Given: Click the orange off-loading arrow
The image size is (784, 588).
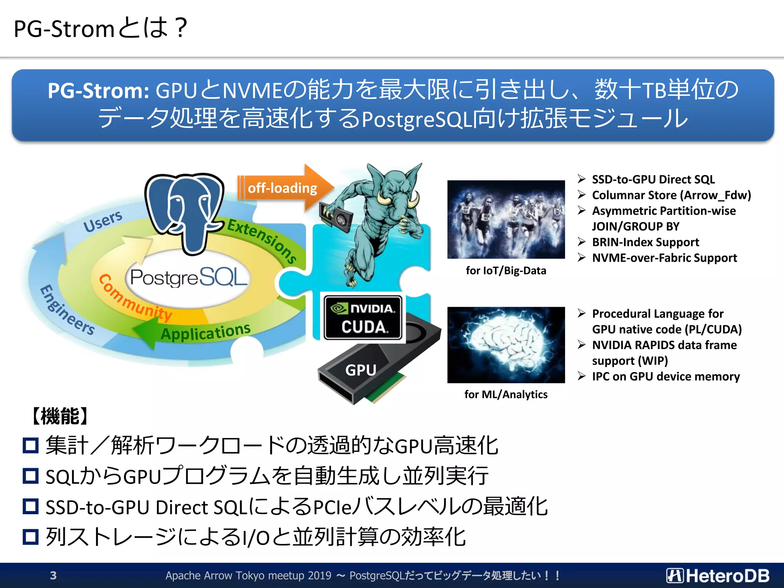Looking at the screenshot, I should (x=283, y=188).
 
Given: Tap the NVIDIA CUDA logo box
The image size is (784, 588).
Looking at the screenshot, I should (x=363, y=318).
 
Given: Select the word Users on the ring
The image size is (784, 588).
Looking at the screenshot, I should (x=103, y=221).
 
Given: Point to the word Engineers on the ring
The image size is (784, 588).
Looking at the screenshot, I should (x=67, y=310).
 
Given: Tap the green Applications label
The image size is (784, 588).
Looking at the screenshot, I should (x=206, y=331).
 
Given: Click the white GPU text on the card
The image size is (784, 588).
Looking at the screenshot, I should (x=361, y=370).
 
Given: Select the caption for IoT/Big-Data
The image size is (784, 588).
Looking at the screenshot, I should (x=506, y=271).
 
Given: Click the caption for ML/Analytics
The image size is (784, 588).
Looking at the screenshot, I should (x=506, y=394).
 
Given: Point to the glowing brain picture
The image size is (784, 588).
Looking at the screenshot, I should (x=506, y=345).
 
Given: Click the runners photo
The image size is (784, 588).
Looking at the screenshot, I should (x=506, y=219).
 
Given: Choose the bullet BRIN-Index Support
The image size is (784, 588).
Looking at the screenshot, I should (x=645, y=242).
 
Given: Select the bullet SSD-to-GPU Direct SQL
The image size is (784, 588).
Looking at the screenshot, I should (x=653, y=180).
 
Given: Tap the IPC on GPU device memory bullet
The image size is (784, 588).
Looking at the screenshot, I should (x=665, y=377).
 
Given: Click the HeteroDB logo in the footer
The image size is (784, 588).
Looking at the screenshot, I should (x=717, y=575).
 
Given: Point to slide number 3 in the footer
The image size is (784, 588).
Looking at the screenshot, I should (x=53, y=575).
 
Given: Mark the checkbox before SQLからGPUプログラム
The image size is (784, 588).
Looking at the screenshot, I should (x=31, y=476).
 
